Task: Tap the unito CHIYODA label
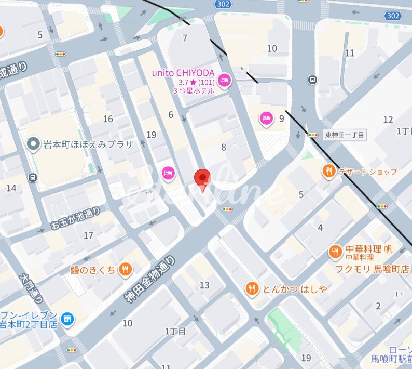coord(184,73)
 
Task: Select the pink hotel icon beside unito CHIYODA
coord(224,80)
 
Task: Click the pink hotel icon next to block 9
coord(266,119)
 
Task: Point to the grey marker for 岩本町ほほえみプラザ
coord(34,144)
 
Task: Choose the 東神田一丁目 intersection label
coord(344,135)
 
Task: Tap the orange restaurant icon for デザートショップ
coord(328,172)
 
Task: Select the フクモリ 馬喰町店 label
coord(372,269)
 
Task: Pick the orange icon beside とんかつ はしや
coord(252,289)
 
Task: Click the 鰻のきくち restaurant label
coord(94,270)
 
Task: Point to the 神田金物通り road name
coord(149,279)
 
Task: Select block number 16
coord(108,119)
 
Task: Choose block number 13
coord(204,285)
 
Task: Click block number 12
coord(388,120)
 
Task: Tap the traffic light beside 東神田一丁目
coord(312,135)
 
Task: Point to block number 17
coord(89,235)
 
